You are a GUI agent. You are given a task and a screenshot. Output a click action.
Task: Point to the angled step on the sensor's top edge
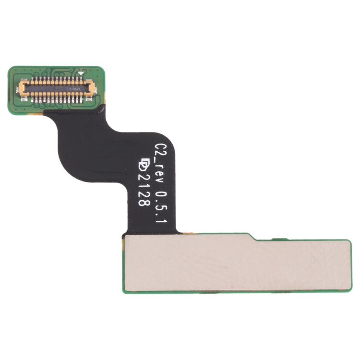coord(252,237)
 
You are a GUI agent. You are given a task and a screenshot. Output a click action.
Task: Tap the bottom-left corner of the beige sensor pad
coord(126,289)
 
